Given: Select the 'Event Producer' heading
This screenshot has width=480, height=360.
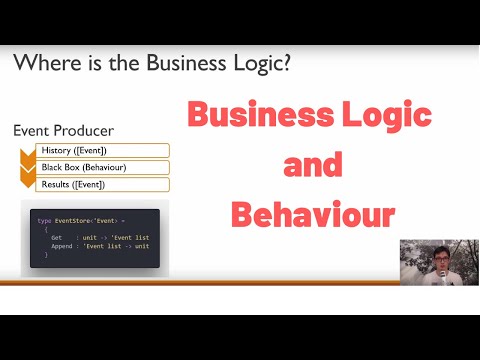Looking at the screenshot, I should tap(63, 131).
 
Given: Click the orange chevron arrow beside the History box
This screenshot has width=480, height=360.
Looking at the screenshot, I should tap(28, 152).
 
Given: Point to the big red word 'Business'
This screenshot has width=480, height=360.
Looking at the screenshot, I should tap(259, 116).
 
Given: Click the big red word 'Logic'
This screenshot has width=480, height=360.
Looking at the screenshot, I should tap(385, 116).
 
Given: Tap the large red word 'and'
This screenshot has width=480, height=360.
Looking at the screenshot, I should tap(313, 164).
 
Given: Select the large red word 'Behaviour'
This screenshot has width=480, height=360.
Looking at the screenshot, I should tap(313, 213).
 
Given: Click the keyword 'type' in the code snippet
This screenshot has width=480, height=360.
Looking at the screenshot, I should tap(44, 220).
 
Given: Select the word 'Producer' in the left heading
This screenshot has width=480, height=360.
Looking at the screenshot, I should tap(84, 131).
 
